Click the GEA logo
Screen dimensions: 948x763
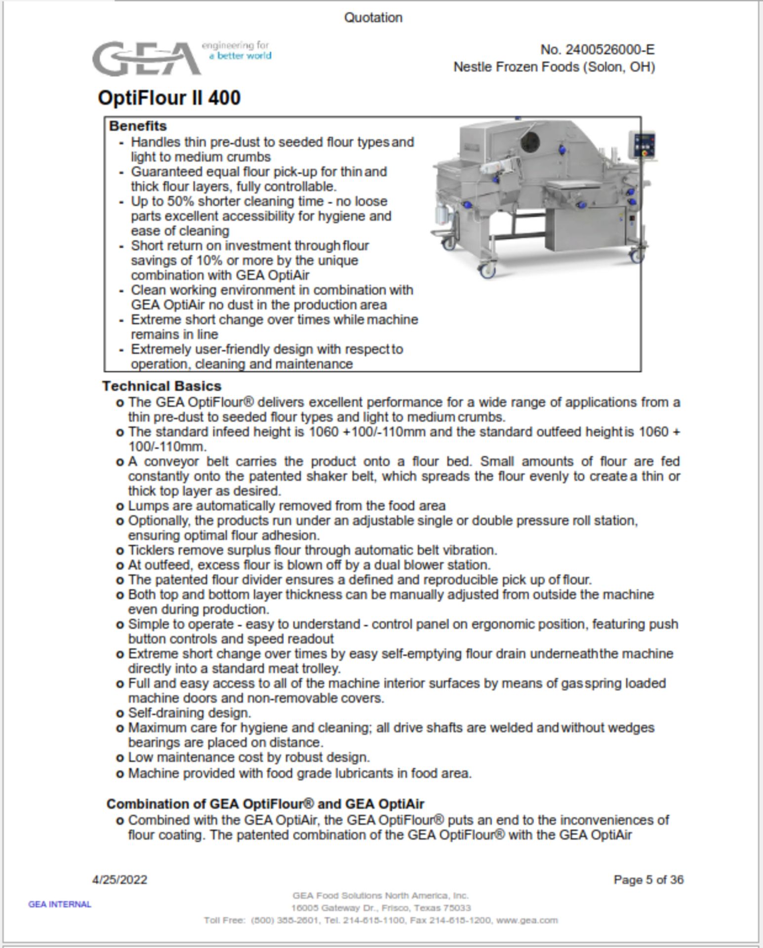tap(146, 59)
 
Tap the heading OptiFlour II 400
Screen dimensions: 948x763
tap(169, 98)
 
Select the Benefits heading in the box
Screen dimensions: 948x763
tap(138, 126)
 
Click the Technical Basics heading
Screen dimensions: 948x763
tap(161, 386)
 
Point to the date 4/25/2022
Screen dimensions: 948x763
tap(120, 879)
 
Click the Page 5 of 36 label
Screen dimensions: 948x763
tap(648, 879)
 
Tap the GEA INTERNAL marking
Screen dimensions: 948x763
tap(60, 904)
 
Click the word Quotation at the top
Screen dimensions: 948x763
tap(373, 18)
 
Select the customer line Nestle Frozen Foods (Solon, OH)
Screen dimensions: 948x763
tap(554, 67)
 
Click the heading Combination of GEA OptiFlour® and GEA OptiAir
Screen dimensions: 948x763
tap(265, 804)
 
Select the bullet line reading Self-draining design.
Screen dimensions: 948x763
tap(190, 713)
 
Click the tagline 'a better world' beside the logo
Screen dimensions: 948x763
tap(240, 56)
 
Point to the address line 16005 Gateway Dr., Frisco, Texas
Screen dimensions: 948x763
tap(380, 908)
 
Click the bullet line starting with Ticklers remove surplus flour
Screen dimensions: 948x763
tap(312, 550)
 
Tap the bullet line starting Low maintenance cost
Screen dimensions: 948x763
tap(249, 757)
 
